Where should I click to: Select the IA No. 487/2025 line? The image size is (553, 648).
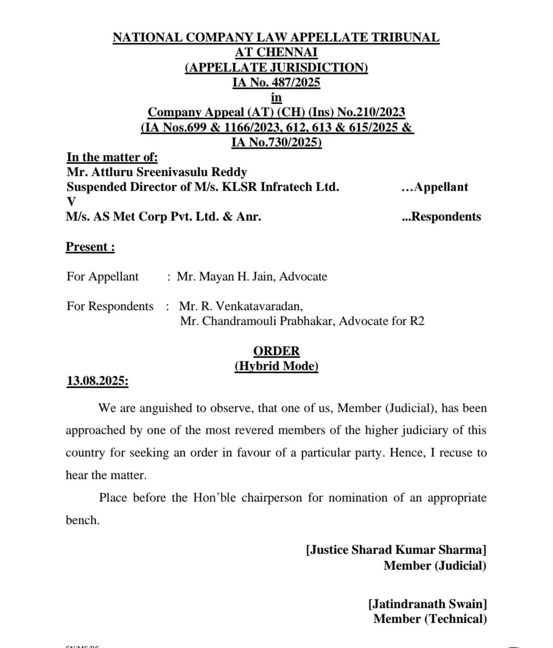[x=276, y=82]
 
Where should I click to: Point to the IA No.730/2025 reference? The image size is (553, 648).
[x=276, y=142]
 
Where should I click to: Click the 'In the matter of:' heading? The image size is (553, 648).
[x=112, y=157]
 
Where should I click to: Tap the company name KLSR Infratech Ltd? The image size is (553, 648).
[x=280, y=187]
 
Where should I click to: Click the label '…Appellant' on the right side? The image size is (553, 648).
[x=435, y=187]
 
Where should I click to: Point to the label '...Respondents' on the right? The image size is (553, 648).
[x=441, y=217]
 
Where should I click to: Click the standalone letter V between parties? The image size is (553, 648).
[x=71, y=202]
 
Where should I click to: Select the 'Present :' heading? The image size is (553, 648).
[x=90, y=247]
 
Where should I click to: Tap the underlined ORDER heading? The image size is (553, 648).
[x=276, y=351]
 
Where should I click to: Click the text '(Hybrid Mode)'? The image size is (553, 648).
[x=276, y=366]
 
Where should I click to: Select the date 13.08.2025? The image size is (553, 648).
[x=97, y=381]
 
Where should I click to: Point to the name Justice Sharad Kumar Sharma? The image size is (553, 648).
[x=396, y=550]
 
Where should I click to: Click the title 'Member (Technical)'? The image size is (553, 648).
[x=430, y=619]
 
